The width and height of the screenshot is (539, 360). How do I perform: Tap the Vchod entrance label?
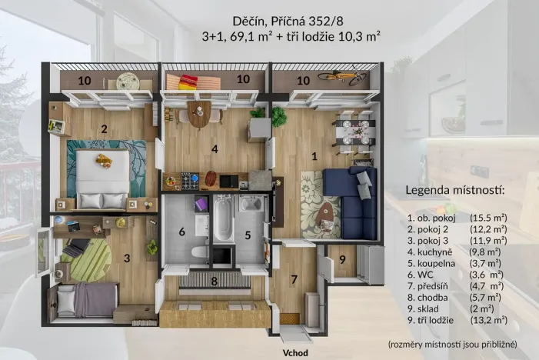point(295,353)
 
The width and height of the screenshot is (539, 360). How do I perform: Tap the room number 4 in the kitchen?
point(216,148)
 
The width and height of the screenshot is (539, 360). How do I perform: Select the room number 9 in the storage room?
point(342,258)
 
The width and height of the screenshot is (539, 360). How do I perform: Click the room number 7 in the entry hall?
point(293,279)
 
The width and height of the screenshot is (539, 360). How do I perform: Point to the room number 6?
point(182,232)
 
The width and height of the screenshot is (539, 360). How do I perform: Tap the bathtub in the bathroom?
point(221,218)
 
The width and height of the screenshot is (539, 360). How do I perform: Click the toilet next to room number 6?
point(198,252)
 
